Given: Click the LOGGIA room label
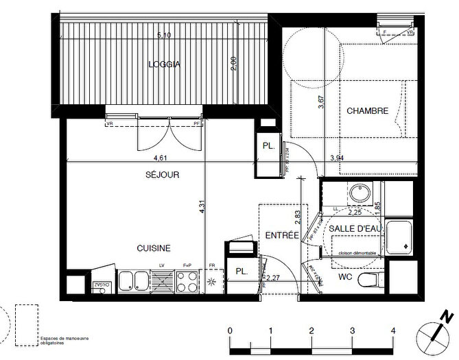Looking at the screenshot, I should tap(163, 65).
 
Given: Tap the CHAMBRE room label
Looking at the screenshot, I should tap(367, 110).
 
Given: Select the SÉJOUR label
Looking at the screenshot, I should tap(162, 175).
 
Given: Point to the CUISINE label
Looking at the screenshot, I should tap(153, 248).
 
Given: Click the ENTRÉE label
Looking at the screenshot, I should tap(282, 235).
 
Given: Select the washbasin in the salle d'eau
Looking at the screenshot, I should tap(359, 195).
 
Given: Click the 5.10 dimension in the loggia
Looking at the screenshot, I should tap(163, 34).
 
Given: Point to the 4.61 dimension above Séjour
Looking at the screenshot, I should tap(141, 157).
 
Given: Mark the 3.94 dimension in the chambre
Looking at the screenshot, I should tap(337, 158).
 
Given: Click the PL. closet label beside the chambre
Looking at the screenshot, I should tap(268, 146).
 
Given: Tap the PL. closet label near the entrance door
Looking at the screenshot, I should tap(241, 271).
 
